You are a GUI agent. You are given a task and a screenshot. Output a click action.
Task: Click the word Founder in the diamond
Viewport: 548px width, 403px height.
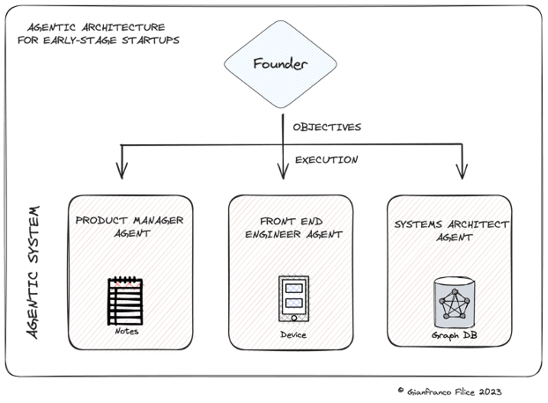click(280, 64)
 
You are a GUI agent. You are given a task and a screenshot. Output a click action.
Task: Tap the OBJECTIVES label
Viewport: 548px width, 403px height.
click(326, 128)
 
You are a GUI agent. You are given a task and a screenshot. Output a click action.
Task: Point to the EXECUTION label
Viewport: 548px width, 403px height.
click(325, 161)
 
